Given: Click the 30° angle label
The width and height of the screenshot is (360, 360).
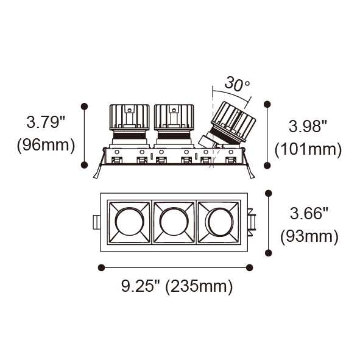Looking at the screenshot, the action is pos(237,83).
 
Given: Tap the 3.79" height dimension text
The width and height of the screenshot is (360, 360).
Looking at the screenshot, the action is pos(46,122).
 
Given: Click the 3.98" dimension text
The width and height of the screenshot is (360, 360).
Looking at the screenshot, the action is pos(308,126).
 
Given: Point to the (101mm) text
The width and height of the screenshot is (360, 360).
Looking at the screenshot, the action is pos(308,150).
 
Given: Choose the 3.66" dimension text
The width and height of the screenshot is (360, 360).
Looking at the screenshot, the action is pos(309,213).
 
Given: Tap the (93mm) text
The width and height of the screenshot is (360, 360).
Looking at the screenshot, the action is pos(309,236).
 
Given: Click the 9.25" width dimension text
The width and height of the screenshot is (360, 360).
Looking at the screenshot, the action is pos(141,286).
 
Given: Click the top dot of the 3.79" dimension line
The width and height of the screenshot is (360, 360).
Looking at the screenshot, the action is pos(85,107).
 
